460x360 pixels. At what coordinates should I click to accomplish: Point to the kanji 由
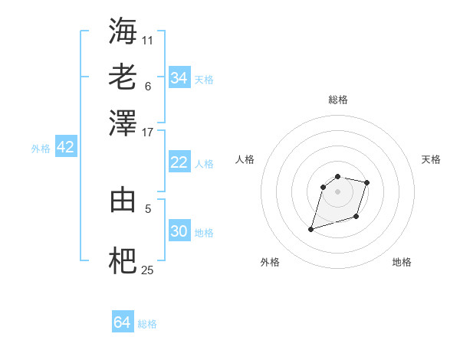pos(123,199)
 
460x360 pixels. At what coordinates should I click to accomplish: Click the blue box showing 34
pos(179,78)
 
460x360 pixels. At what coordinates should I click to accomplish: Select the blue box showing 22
pos(179,162)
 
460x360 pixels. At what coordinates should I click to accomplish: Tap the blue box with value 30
pos(179,231)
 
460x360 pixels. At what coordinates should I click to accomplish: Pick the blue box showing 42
pos(65,148)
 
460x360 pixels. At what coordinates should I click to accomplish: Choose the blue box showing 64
pos(122,322)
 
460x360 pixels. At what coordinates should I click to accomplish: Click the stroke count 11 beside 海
pos(147,39)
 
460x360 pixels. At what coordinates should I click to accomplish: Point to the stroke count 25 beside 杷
pos(147,270)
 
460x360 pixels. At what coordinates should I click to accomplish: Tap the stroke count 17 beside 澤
pos(147,132)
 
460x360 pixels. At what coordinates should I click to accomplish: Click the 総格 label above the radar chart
pos(338,100)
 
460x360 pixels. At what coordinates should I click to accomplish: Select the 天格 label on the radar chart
pos(431,159)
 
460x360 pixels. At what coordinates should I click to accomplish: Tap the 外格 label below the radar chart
pos(270,262)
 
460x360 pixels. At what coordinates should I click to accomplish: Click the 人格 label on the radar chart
pos(245,159)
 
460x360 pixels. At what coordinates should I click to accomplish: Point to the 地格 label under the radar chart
pos(402,262)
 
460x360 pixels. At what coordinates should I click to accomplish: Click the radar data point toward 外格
pos(311,229)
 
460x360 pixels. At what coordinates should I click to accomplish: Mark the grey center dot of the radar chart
pos(337,191)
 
